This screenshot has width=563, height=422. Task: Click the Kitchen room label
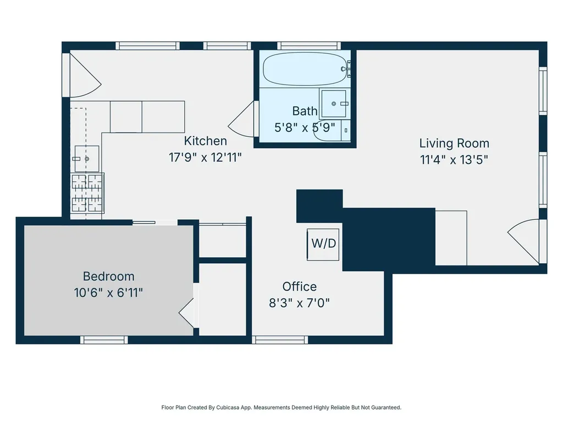pos(206,141)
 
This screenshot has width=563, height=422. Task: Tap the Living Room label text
pos(454,143)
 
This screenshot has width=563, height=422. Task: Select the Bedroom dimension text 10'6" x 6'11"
pos(108,293)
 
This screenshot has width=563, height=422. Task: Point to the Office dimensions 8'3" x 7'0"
pos(299,303)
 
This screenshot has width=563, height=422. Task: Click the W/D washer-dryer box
pos(323,245)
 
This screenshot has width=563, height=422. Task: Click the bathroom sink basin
pos(334,104)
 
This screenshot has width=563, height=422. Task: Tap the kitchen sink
pos(86,159)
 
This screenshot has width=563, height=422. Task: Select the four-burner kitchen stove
pos(87,193)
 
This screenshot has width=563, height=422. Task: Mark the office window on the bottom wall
pos(280,340)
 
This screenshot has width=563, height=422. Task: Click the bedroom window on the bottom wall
pos(104,340)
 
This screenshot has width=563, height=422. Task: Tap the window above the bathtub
pos(309,46)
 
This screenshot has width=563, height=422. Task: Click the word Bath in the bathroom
pos(305,111)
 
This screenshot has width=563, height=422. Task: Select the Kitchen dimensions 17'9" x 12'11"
pos(205,158)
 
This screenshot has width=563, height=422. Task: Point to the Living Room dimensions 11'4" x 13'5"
pos(454,160)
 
